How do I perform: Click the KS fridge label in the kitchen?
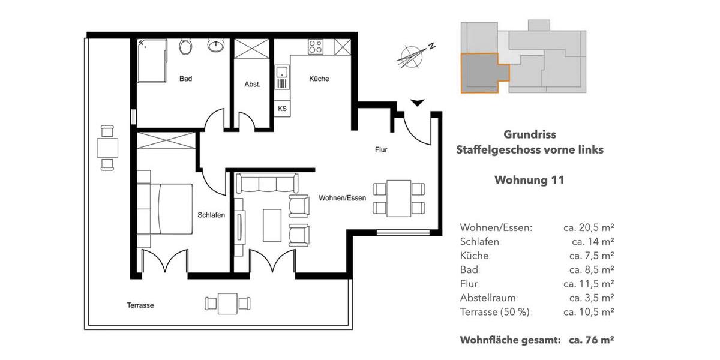tap(282, 109)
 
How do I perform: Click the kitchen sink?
tap(282, 77)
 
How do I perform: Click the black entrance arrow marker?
tap(418, 103)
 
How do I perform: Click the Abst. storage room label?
tap(253, 85)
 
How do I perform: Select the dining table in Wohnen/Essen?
tap(399, 199)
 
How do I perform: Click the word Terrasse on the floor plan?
tap(140, 305)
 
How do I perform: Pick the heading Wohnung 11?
tap(529, 179)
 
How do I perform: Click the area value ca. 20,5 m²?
tap(588, 227)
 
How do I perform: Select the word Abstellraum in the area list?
tap(488, 298)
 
